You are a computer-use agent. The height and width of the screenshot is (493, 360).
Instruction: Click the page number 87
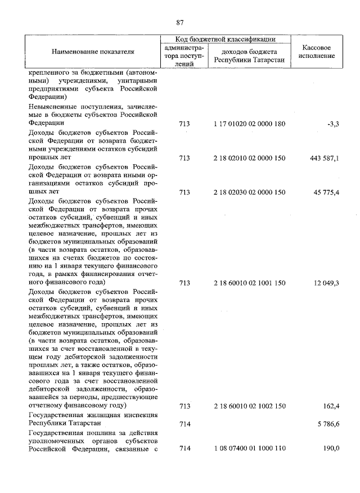180,22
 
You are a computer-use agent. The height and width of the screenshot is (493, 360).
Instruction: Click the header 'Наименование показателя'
93,52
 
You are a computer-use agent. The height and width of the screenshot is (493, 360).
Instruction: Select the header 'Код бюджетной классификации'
225,39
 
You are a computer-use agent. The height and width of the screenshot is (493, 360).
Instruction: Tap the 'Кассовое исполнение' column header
319,52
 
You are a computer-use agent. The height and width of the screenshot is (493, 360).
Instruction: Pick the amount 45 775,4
326,193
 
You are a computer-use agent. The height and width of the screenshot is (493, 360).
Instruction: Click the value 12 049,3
326,282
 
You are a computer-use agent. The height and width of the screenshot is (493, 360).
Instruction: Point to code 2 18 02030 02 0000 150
250,193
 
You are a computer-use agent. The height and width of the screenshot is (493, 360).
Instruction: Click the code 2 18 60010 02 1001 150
250,282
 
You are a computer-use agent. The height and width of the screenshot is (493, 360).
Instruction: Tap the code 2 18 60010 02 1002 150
250,405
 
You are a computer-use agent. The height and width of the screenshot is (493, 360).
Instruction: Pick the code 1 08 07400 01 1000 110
250,449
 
